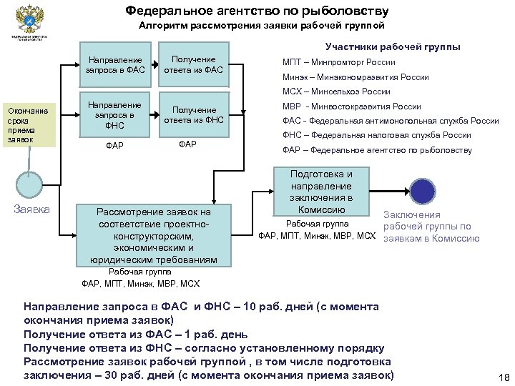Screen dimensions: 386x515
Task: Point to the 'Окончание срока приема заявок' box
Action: point(27,125)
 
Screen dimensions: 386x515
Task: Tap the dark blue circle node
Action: point(422,191)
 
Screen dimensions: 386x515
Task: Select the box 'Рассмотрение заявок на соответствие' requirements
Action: point(154,235)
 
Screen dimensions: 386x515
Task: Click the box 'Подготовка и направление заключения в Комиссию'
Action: point(321,192)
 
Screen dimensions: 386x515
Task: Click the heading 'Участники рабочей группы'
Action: point(393,47)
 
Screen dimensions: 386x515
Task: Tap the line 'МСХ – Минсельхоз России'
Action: point(336,91)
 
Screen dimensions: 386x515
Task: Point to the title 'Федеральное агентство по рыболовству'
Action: point(257,11)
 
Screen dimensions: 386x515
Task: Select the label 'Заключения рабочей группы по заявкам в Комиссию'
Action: point(431,227)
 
